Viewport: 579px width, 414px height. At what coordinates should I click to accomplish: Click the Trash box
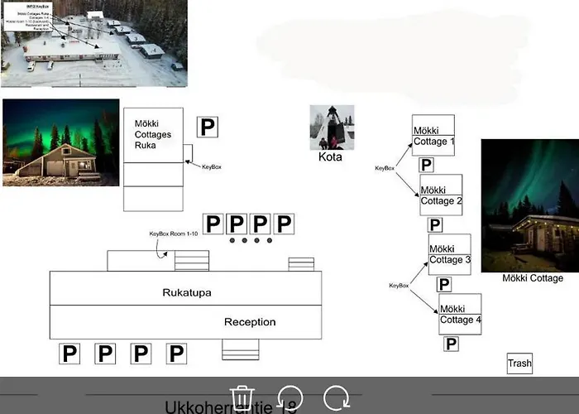(519, 363)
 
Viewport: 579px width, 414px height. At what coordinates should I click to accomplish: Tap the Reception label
(250, 322)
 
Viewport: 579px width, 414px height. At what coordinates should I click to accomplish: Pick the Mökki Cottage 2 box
(441, 195)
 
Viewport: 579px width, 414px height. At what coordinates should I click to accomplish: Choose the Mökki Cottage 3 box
(449, 254)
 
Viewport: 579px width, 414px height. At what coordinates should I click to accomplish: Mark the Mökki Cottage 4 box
(459, 314)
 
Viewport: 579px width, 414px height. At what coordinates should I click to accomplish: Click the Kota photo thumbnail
(332, 127)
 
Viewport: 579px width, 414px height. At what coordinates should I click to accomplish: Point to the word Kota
(331, 156)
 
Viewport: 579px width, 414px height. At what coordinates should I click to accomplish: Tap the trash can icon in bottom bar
(241, 397)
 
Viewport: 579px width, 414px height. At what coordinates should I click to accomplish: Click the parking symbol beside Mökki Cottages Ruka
(208, 127)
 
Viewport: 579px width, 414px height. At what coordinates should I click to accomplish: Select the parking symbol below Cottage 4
(451, 344)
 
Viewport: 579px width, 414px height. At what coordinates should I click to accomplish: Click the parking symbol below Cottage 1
(427, 165)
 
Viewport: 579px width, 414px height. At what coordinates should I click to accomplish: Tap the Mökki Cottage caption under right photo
(533, 278)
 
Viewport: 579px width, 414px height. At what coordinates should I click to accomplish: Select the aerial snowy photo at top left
(93, 43)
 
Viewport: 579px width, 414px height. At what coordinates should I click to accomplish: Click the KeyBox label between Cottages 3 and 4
(399, 286)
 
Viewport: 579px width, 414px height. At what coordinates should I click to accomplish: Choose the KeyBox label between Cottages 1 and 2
(385, 168)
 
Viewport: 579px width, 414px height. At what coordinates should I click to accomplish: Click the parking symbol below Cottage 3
(444, 284)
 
